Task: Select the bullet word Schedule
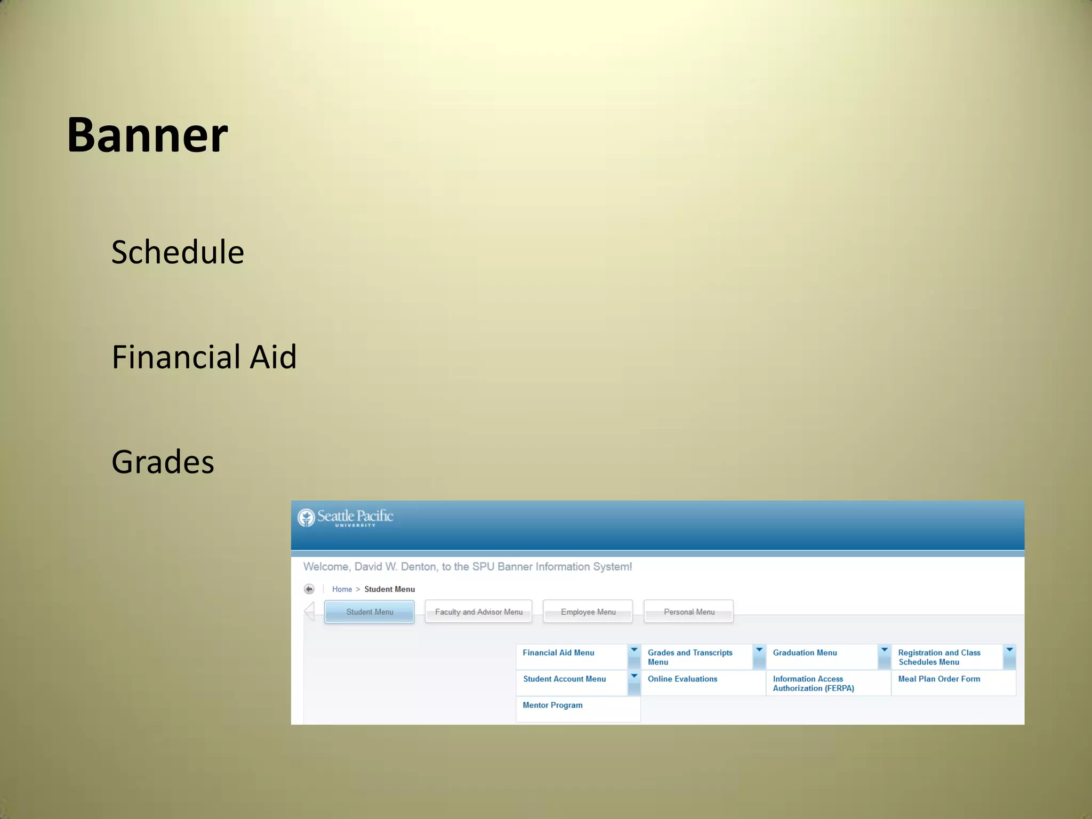coord(178,252)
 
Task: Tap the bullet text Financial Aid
coord(204,357)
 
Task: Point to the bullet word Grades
coord(163,462)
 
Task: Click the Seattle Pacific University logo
coord(346,517)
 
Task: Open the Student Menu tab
coord(370,612)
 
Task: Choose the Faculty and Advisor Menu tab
coord(478,612)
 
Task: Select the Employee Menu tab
coord(588,612)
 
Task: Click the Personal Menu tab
coord(689,612)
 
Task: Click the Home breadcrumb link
coord(342,589)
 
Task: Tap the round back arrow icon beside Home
coord(309,589)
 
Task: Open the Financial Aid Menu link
coord(558,653)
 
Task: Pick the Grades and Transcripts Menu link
coord(689,657)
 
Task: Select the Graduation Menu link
coord(805,653)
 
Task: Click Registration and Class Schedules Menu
coord(938,657)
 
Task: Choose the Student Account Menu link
coord(564,679)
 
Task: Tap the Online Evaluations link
coord(682,679)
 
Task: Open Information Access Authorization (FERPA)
coord(813,683)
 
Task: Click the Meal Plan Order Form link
coord(939,679)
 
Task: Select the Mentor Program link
coord(552,705)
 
